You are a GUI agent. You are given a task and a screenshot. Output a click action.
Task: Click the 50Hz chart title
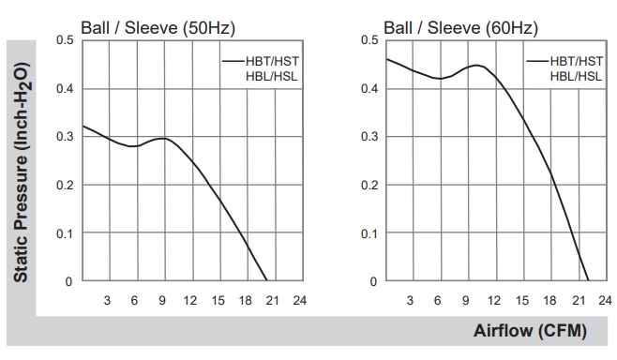(158, 28)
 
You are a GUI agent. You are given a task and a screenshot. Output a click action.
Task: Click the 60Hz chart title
(460, 28)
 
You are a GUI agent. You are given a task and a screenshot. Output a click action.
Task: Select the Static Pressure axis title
(21, 172)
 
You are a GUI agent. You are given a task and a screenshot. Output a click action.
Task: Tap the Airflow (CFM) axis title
(530, 331)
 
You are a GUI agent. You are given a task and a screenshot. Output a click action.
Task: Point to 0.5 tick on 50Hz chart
(65, 40)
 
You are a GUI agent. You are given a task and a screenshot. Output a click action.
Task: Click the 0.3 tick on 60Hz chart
(369, 137)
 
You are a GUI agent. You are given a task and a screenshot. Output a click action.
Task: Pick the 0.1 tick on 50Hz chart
(65, 233)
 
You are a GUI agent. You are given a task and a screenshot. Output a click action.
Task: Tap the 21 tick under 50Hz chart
(272, 301)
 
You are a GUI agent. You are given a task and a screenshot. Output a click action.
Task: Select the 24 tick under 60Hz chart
(605, 301)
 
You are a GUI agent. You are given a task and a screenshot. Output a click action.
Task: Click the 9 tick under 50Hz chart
(162, 301)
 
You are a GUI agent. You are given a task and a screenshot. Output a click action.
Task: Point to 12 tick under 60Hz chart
(494, 301)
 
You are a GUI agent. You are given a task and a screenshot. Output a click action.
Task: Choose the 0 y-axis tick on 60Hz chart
(373, 281)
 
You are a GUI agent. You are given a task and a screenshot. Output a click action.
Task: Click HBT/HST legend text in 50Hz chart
(272, 61)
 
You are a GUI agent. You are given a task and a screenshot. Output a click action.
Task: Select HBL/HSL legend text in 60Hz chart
(576, 76)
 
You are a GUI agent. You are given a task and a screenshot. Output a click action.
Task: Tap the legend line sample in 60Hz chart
(538, 61)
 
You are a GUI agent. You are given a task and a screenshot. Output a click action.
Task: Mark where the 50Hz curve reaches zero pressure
(267, 280)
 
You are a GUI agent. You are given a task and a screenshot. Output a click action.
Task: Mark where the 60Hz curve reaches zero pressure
(588, 280)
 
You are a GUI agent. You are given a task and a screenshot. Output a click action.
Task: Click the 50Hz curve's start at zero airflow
(83, 126)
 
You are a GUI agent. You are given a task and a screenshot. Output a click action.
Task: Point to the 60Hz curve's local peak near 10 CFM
(476, 65)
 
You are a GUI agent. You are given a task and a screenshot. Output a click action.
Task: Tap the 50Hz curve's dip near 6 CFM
(134, 146)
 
